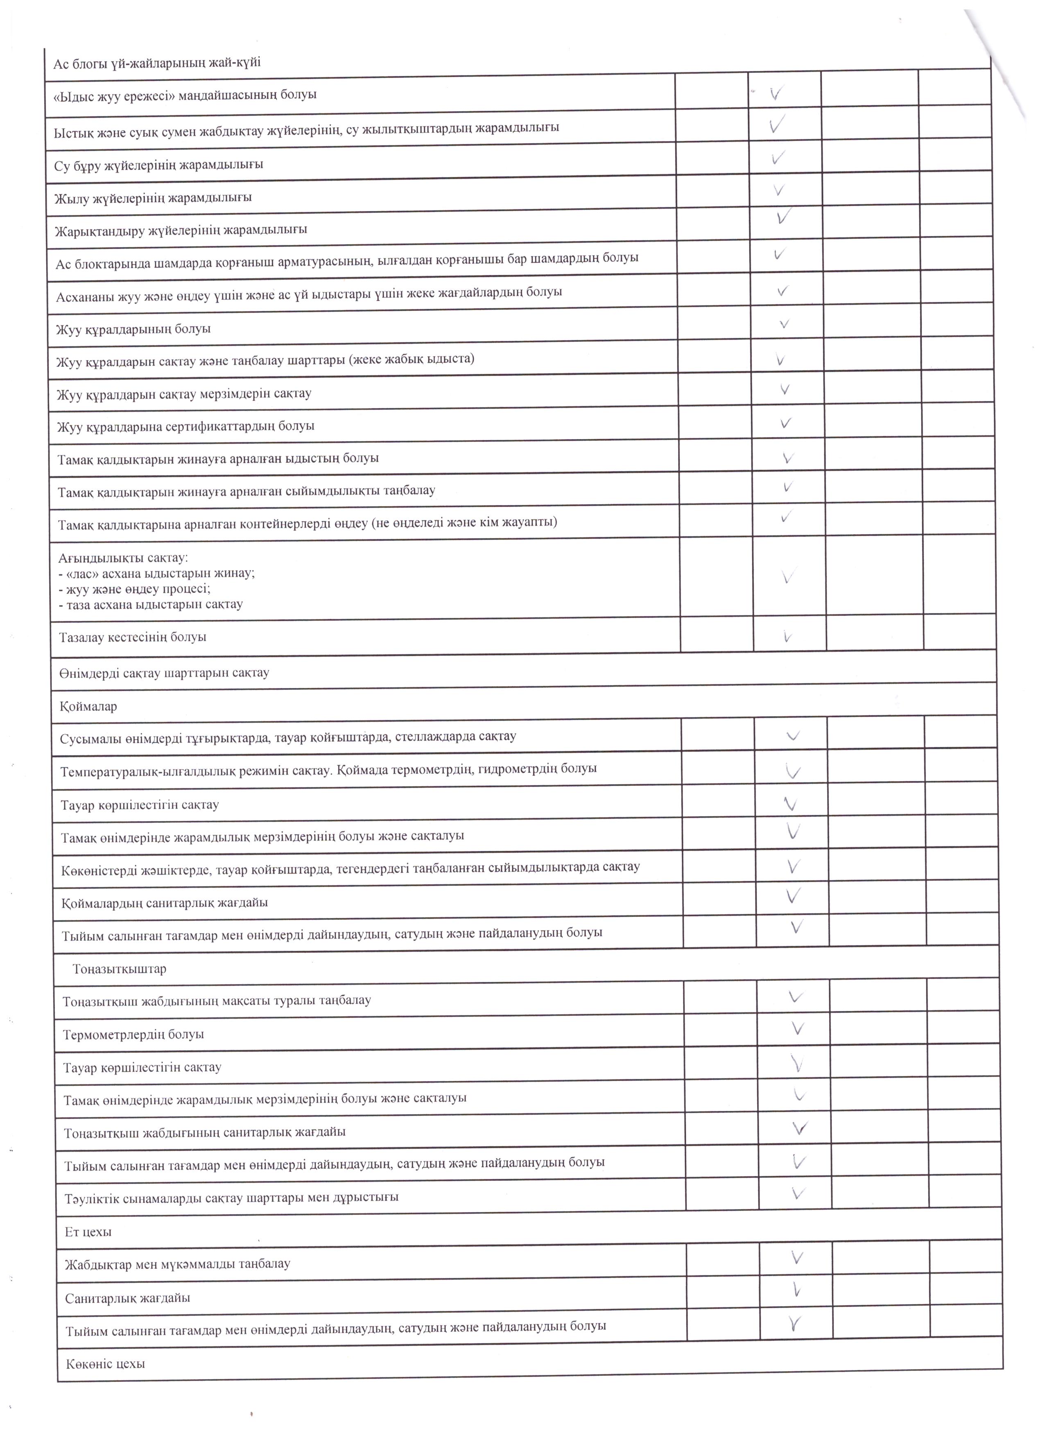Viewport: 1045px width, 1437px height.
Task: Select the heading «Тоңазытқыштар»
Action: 119,969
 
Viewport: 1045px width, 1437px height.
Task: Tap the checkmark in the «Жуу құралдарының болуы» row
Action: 784,324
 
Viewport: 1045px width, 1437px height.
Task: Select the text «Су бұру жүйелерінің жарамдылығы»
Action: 158,165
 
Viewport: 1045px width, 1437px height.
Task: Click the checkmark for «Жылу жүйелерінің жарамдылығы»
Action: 779,190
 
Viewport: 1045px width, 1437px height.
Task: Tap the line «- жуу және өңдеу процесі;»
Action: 134,589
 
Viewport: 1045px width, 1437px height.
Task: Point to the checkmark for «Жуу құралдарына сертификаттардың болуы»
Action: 786,423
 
